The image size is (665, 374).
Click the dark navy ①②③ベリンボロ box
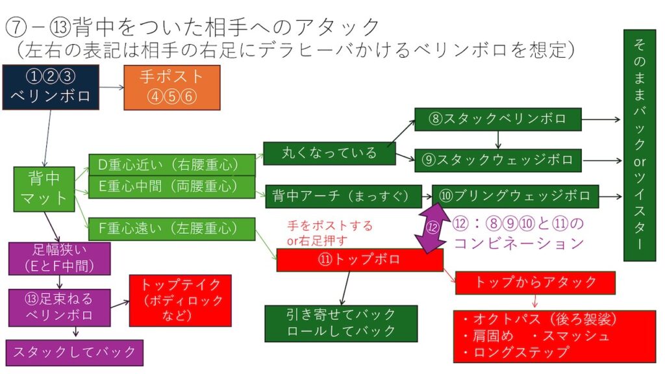50,86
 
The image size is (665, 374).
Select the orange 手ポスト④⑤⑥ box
171,86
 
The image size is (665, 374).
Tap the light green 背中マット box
44,189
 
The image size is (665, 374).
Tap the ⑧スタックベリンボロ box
497,119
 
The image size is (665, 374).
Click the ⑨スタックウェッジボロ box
497,160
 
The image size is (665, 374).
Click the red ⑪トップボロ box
359,260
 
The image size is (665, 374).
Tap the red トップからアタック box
535,282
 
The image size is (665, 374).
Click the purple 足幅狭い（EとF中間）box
59,258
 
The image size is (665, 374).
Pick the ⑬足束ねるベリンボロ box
59,307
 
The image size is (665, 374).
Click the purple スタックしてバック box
74,352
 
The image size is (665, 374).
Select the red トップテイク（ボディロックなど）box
181,300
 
